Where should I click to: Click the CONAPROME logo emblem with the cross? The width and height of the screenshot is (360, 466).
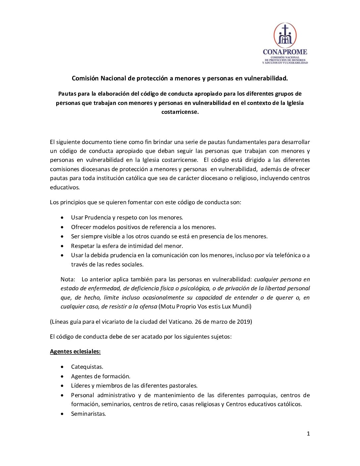pyautogui.click(x=285, y=35)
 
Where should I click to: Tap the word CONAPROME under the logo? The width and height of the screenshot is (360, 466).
pyautogui.click(x=285, y=52)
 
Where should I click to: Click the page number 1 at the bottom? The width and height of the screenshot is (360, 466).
pyautogui.click(x=308, y=434)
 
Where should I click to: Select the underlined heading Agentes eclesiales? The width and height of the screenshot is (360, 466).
pyautogui.click(x=75, y=351)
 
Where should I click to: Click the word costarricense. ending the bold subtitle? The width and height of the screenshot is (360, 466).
pyautogui.click(x=180, y=112)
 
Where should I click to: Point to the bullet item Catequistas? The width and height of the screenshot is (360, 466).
pyautogui.click(x=87, y=367)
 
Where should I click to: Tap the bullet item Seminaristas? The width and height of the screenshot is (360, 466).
pyautogui.click(x=88, y=414)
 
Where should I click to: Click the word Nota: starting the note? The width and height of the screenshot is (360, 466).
pyautogui.click(x=68, y=279)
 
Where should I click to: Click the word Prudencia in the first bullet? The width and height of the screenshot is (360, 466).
pyautogui.click(x=97, y=217)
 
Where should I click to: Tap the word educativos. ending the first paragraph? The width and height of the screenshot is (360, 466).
pyautogui.click(x=65, y=187)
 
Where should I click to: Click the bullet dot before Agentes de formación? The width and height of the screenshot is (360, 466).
pyautogui.click(x=63, y=376)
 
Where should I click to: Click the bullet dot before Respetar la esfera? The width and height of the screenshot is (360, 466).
pyautogui.click(x=63, y=246)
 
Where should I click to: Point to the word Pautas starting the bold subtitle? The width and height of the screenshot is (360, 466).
pyautogui.click(x=67, y=94)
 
